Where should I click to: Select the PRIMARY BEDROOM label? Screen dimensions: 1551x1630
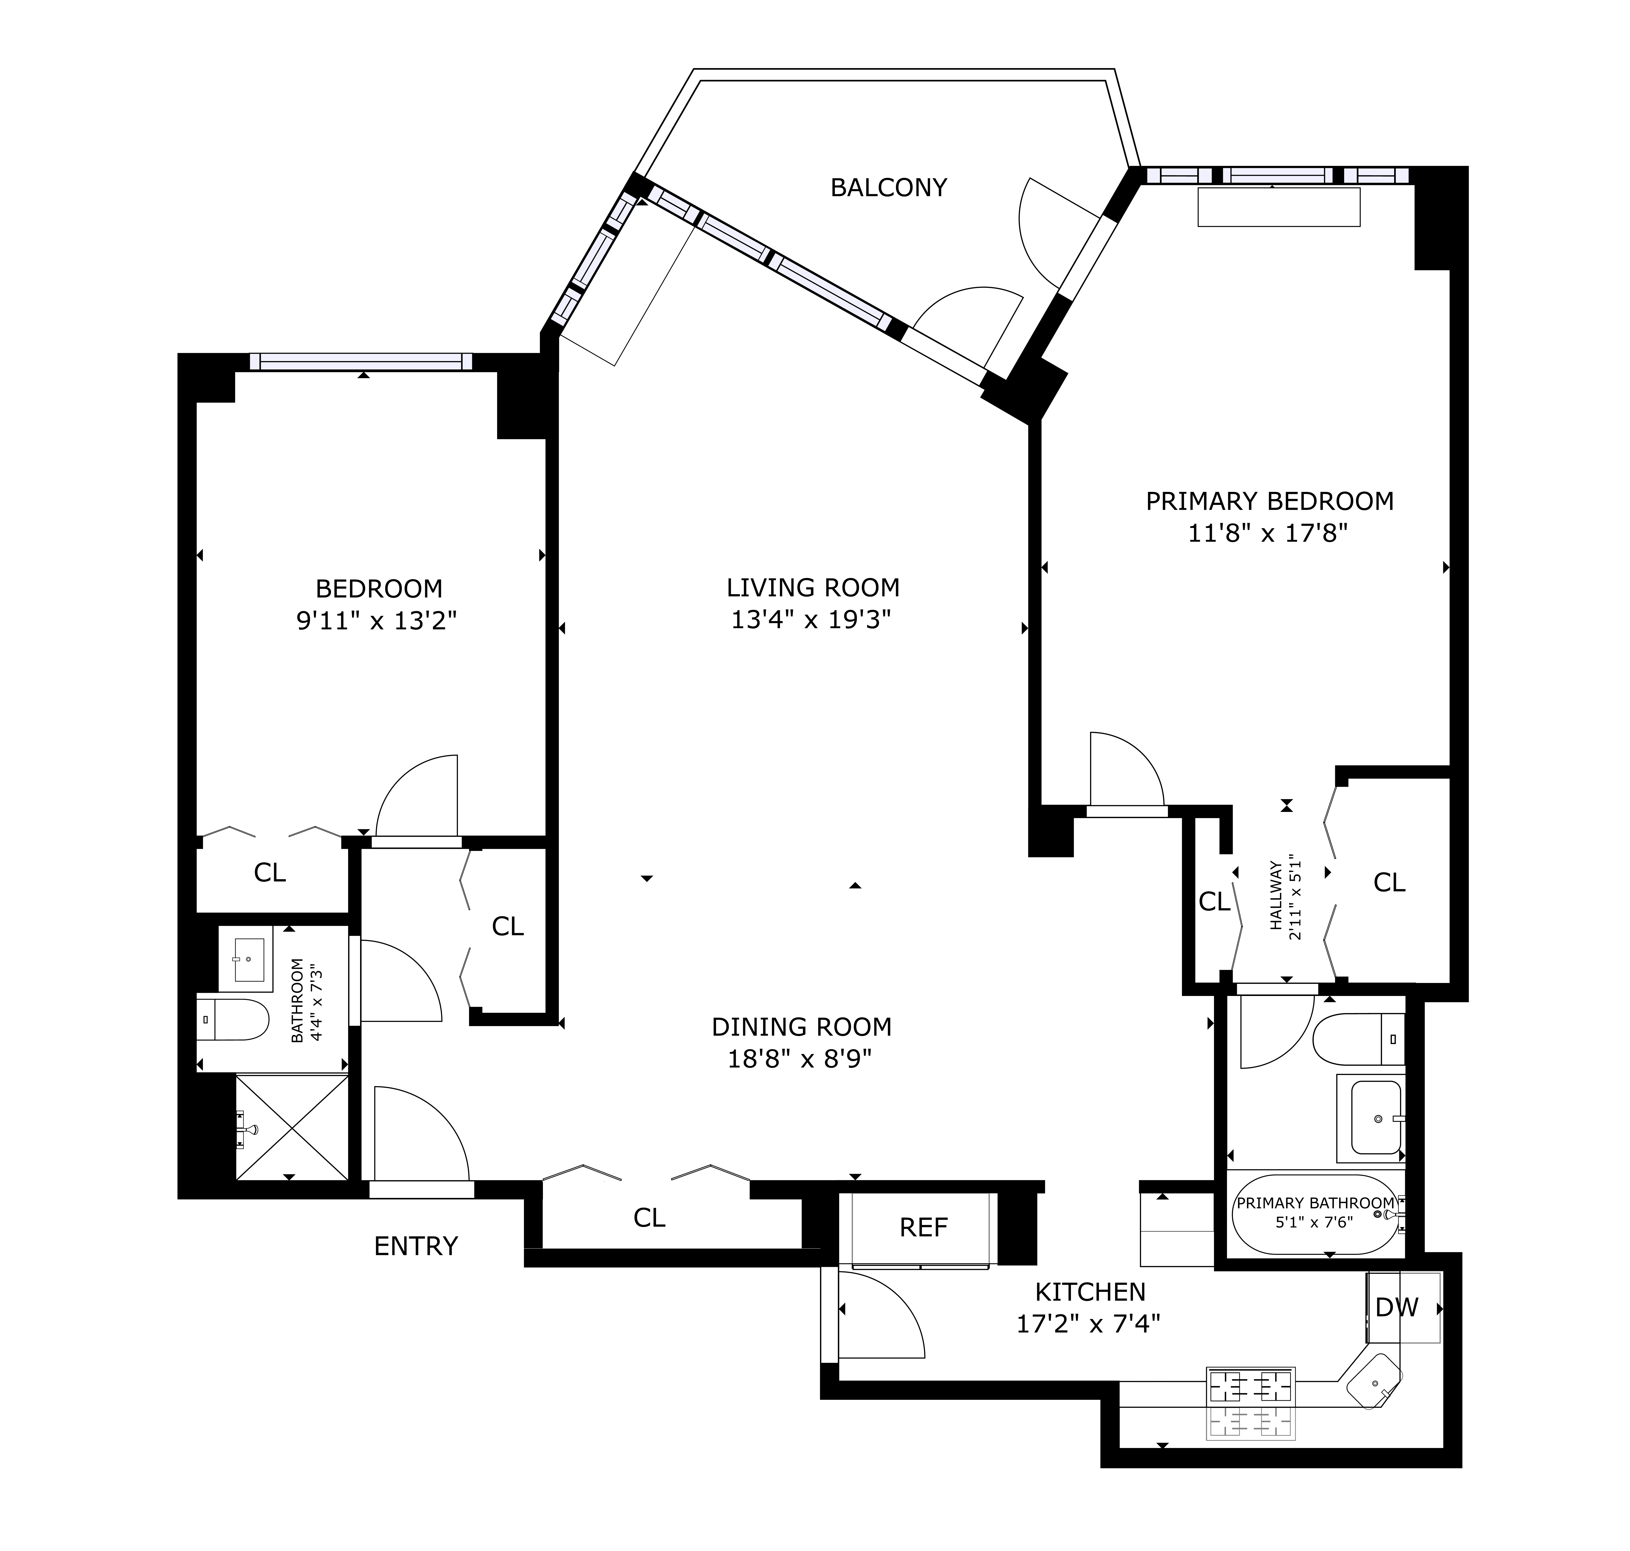point(1269,501)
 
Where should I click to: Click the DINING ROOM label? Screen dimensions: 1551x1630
point(801,1027)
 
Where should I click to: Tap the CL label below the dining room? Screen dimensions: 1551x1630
point(649,1217)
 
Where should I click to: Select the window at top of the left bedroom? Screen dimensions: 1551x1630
point(361,361)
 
